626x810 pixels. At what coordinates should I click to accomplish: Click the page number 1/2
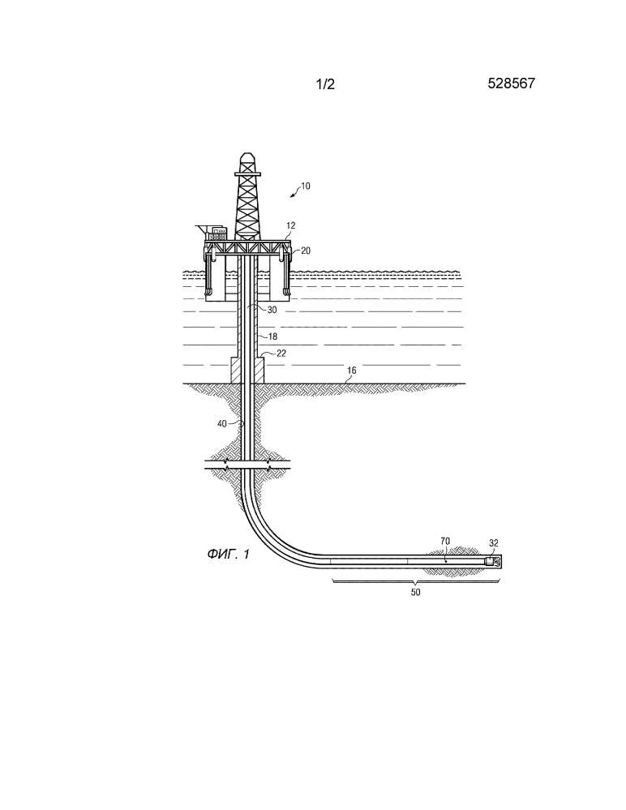point(325,84)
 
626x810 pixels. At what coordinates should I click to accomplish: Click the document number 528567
point(511,84)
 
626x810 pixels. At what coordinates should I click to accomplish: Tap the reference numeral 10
point(305,186)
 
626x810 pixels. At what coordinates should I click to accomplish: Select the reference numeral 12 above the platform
point(291,225)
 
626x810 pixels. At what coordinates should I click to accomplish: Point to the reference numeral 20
point(306,251)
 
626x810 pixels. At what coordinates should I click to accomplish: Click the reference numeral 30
point(272,310)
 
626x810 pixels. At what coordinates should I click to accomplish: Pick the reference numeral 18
point(272,336)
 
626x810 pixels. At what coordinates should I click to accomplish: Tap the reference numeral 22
point(281,354)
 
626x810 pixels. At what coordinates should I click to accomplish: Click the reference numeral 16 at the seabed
point(351,371)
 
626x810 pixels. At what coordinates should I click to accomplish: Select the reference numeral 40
point(221,423)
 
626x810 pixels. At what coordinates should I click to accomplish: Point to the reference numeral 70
point(444,541)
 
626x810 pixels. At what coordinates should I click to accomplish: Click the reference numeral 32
point(493,543)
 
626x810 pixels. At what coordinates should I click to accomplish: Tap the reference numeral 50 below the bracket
point(415,593)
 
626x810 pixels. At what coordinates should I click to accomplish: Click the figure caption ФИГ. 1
point(229,555)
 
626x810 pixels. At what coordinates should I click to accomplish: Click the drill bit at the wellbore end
point(496,561)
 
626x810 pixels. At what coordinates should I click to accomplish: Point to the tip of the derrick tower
point(247,153)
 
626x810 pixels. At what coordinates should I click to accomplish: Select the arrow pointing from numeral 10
point(294,193)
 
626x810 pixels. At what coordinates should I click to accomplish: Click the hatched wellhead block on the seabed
point(247,370)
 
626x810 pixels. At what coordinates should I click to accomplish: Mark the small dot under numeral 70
point(445,560)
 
